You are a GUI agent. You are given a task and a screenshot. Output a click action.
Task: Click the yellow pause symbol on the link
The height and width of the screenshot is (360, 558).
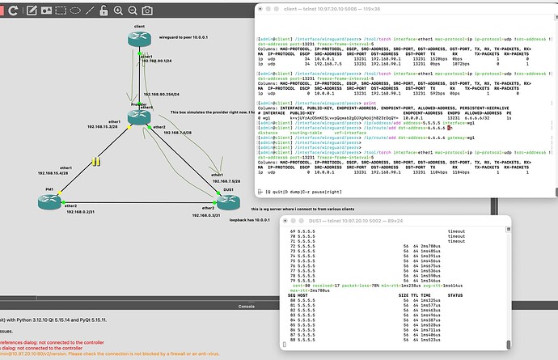(x=96, y=162)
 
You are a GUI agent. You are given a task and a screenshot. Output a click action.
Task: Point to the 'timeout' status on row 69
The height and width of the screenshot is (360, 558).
(x=479, y=231)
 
